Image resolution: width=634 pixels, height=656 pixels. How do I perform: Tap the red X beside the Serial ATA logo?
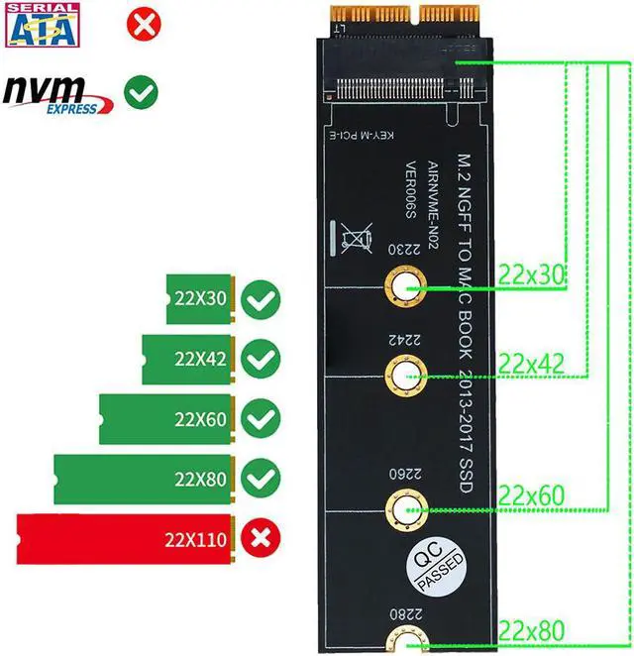[x=145, y=24]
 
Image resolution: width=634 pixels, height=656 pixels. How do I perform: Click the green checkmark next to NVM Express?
[x=140, y=94]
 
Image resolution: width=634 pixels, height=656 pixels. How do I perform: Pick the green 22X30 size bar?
[x=199, y=297]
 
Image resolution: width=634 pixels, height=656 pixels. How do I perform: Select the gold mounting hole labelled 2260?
[x=400, y=510]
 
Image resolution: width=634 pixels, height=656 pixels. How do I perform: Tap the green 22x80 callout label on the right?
[x=531, y=627]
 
